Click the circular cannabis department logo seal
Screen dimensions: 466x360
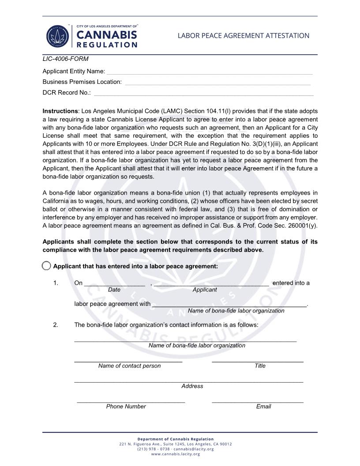tap(59, 36)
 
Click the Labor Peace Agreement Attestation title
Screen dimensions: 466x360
tap(243, 36)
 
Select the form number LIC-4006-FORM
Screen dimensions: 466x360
tap(65, 59)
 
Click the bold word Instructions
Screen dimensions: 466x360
tap(60, 111)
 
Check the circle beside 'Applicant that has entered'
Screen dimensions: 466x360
tap(46, 266)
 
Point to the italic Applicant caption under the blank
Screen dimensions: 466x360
tap(204, 290)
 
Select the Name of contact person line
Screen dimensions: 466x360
tap(128, 361)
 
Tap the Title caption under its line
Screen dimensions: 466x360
tap(260, 366)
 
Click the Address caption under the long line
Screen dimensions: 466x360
tap(192, 386)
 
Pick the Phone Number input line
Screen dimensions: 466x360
tap(131, 402)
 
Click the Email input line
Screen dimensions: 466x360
tap(257, 402)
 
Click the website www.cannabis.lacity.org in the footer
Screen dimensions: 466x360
tap(175, 454)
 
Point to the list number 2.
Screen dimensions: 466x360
tap(56, 325)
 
